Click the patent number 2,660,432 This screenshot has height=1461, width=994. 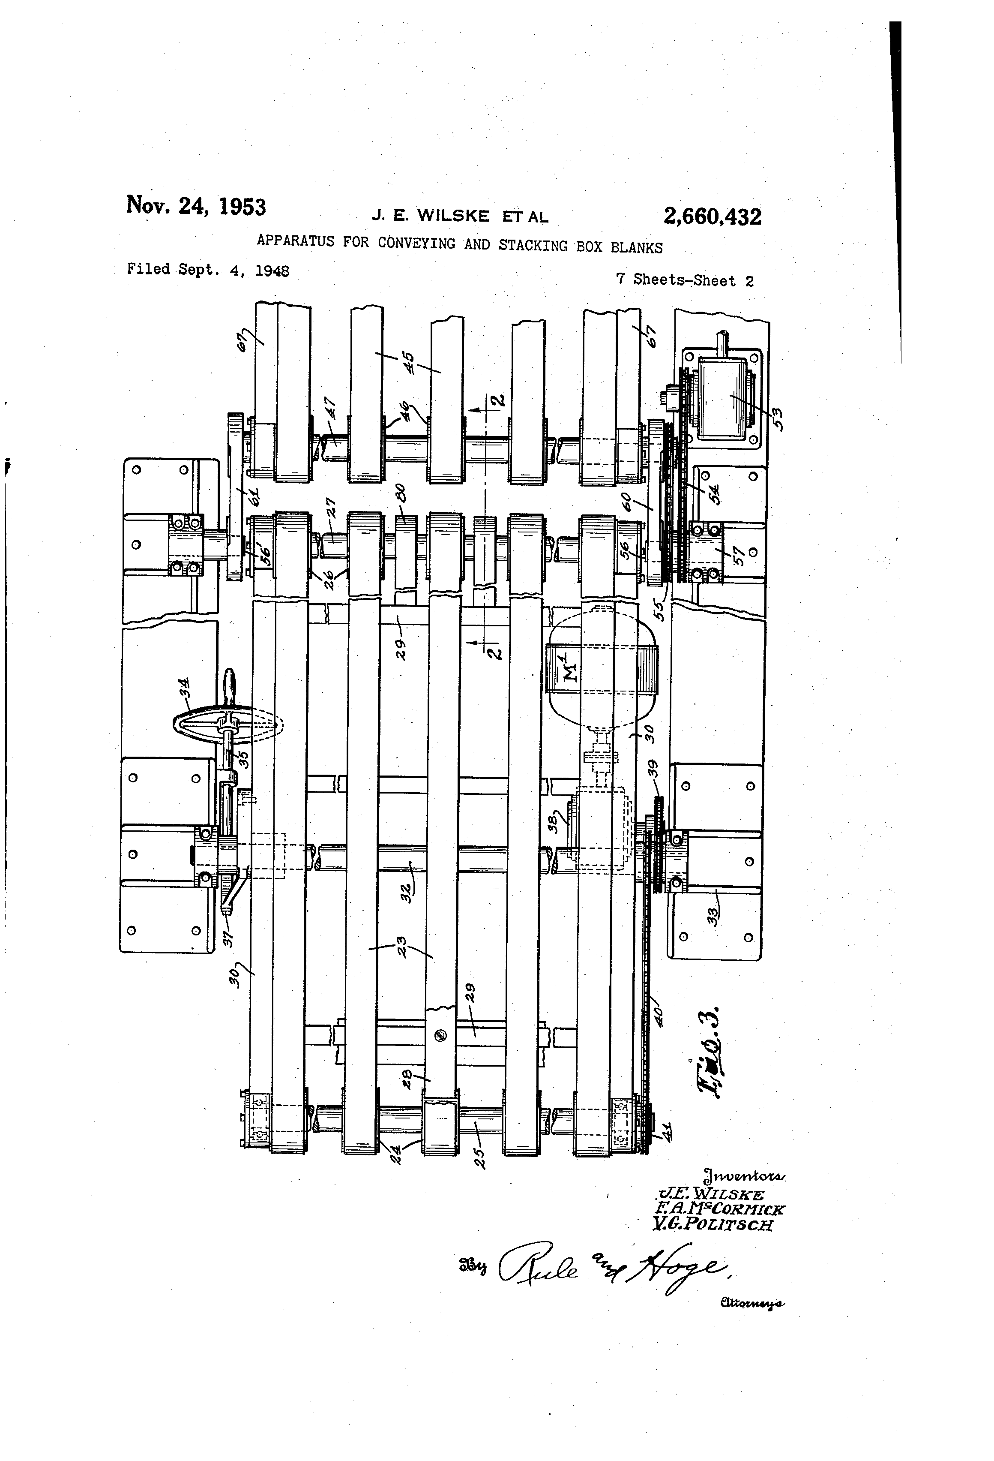712,217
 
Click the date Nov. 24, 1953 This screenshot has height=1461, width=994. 196,206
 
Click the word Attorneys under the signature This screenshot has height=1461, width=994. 751,1303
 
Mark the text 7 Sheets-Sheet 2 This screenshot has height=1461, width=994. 684,280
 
